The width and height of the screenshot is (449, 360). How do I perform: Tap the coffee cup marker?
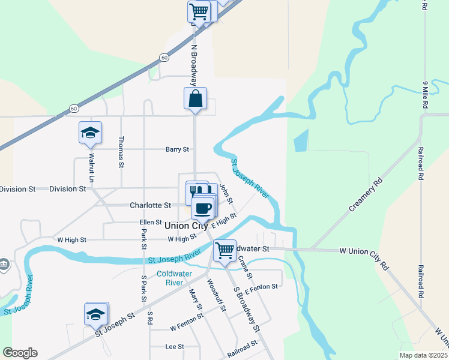[x=202, y=208]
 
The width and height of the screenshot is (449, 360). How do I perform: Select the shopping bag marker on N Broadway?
[x=196, y=100]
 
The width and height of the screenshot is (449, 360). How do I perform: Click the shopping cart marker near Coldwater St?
[x=224, y=250]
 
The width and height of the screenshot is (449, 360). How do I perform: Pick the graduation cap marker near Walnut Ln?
[x=90, y=133]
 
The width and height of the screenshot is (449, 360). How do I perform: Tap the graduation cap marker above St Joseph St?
[x=95, y=314]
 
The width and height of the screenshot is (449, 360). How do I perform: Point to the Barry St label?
[x=177, y=149]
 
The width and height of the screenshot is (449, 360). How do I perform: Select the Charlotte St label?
[x=150, y=205]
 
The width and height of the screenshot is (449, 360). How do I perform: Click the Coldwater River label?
[x=174, y=278]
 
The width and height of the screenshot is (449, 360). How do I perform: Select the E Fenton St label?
[x=261, y=287]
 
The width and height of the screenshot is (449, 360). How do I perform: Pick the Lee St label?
[x=174, y=347]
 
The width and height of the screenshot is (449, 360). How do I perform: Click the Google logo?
[x=20, y=353]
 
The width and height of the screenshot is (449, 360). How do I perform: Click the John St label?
[x=226, y=193]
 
